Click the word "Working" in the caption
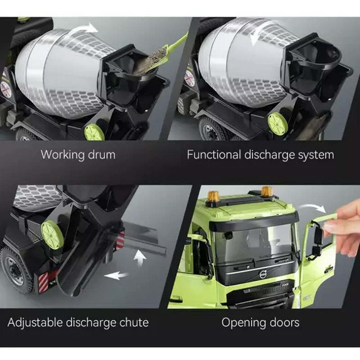62,155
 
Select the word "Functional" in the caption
213,154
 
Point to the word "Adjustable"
35,323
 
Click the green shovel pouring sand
170,50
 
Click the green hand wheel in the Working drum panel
94,132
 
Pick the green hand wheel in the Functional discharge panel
278,122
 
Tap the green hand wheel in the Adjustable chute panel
52,234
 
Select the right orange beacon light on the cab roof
266,192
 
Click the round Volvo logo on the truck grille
262,274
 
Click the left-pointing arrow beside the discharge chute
116,275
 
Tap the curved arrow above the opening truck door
313,208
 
